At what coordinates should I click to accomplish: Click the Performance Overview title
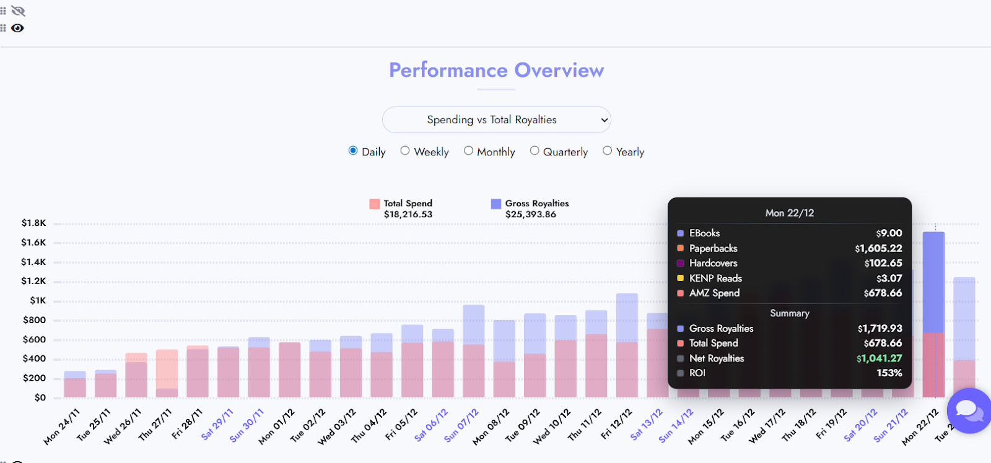(496, 71)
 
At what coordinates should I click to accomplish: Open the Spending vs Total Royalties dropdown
(496, 120)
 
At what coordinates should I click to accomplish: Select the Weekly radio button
(405, 150)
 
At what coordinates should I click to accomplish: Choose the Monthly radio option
(468, 150)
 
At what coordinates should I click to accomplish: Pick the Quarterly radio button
(535, 150)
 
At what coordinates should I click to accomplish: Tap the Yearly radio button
(607, 150)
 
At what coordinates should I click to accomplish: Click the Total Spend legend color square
(374, 204)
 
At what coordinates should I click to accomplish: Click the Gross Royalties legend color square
(495, 204)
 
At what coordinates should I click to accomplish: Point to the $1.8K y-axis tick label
(33, 223)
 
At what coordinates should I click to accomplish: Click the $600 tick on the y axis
(34, 339)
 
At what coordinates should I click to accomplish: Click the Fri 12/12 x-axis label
(616, 424)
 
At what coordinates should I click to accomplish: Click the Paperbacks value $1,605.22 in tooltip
(878, 248)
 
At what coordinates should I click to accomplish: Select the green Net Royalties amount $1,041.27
(879, 358)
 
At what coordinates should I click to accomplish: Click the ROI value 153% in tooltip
(889, 373)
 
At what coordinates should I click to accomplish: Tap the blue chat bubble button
(969, 410)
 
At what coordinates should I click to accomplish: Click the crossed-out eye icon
(18, 11)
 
